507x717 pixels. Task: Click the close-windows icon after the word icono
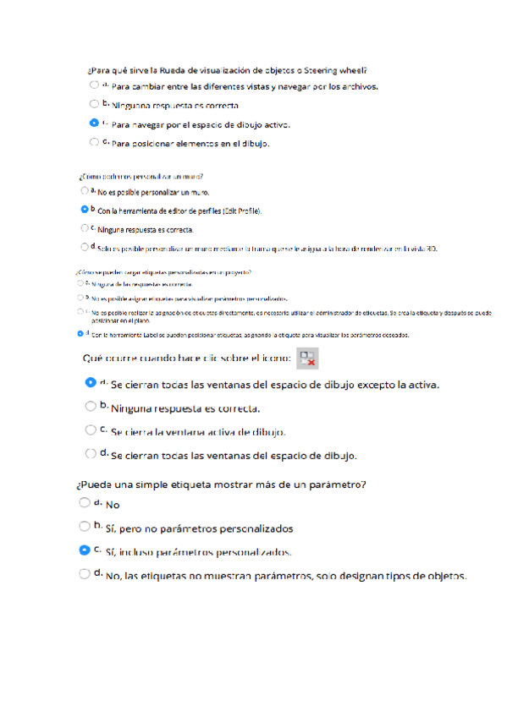(307, 358)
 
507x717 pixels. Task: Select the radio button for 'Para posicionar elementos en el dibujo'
(94, 142)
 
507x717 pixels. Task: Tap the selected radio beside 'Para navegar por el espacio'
(94, 123)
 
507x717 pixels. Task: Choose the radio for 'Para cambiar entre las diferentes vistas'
(94, 85)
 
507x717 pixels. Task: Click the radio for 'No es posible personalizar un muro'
(84, 191)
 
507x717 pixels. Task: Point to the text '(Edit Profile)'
(241, 211)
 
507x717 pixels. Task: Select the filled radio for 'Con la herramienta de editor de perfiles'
(84, 209)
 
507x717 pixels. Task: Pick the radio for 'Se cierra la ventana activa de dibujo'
(91, 430)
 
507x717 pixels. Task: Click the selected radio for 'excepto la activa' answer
(91, 382)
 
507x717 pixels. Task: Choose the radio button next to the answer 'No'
(84, 502)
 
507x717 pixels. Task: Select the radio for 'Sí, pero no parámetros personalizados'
(84, 526)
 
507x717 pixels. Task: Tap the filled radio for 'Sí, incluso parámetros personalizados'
(84, 550)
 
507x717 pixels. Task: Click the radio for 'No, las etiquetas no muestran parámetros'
(84, 573)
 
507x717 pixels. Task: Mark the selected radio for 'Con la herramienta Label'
(80, 334)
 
